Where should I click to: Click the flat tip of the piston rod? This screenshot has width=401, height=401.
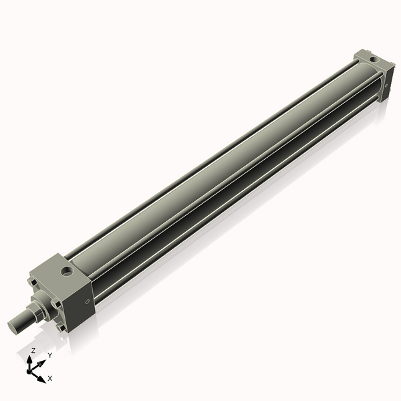pyautogui.click(x=14, y=327)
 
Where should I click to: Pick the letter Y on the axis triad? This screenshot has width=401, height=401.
pyautogui.click(x=49, y=356)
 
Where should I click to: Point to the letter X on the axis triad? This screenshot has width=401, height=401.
pyautogui.click(x=50, y=378)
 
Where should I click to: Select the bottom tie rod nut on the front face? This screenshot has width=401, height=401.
pyautogui.click(x=61, y=327)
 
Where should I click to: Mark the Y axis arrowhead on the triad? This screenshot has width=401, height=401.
pyautogui.click(x=41, y=362)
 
